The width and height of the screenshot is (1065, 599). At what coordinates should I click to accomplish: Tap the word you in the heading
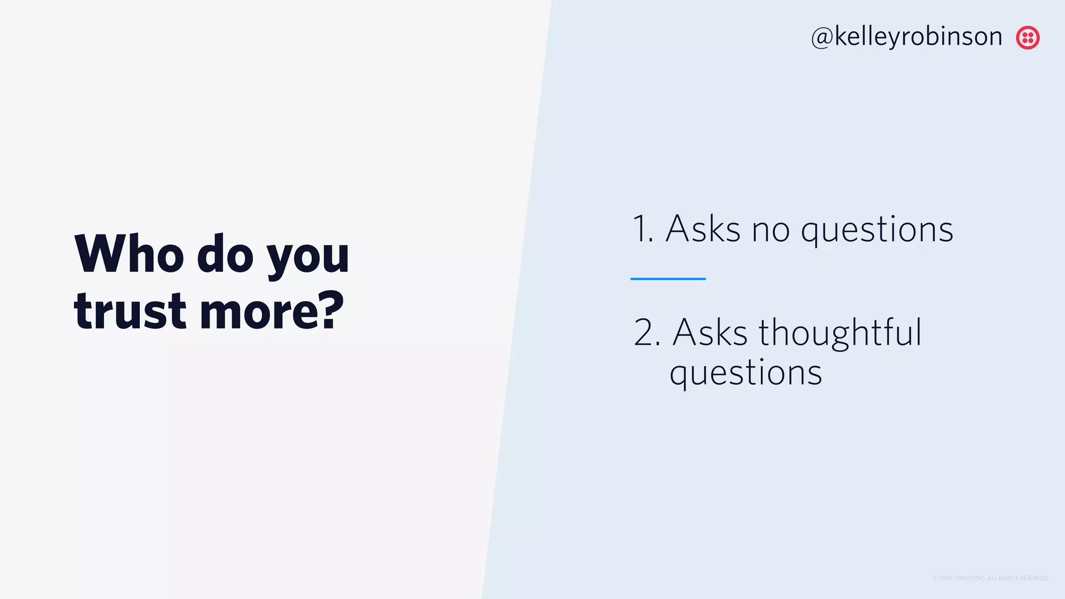point(308,258)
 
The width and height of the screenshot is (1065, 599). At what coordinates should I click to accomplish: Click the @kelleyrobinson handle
point(906,37)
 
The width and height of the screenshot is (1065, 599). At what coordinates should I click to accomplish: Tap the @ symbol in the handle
point(822,37)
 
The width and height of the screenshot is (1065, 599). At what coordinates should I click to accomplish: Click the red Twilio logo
point(1028,37)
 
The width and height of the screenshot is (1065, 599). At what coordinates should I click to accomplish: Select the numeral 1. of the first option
point(642,229)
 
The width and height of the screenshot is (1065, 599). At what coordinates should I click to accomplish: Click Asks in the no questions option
point(703,229)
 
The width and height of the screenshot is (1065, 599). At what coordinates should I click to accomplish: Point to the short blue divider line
point(668,279)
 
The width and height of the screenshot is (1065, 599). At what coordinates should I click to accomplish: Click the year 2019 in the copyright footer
point(945,578)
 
